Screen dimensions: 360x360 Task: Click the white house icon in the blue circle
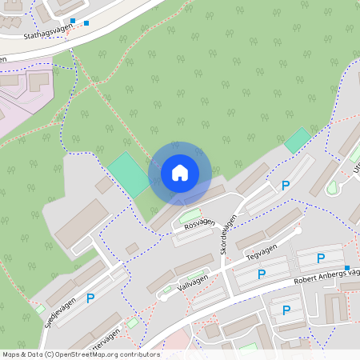180,173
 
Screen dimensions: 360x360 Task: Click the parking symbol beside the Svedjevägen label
90,298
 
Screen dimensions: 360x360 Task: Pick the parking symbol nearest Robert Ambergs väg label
321,258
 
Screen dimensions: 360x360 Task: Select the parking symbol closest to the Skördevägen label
285,186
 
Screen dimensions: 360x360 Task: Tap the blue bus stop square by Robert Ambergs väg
347,267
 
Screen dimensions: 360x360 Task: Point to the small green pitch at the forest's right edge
298,140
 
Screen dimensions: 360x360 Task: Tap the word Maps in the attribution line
11,354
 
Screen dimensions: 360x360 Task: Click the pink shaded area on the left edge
20,96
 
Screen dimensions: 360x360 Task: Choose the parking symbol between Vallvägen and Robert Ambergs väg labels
261,274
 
